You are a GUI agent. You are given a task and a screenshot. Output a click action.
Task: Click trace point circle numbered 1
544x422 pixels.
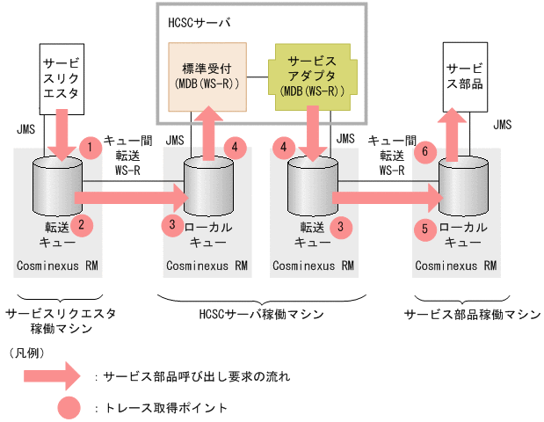pyautogui.click(x=89, y=144)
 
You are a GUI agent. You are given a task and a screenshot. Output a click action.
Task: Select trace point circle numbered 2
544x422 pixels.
pyautogui.click(x=80, y=225)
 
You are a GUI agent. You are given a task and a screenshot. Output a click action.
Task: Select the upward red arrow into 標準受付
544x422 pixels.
pyautogui.click(x=208, y=133)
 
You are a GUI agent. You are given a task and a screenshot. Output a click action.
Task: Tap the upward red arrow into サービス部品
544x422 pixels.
pyautogui.click(x=453, y=133)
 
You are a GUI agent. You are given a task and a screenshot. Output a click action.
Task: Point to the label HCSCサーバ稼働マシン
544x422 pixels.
pyautogui.click(x=261, y=314)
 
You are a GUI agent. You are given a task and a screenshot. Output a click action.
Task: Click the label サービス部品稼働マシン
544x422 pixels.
pyautogui.click(x=472, y=314)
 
